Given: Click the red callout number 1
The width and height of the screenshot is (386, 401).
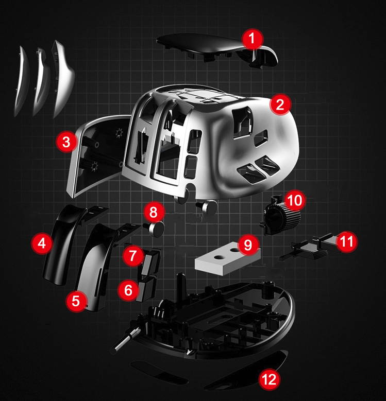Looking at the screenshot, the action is click(253, 39).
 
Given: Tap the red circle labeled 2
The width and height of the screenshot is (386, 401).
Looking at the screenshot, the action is click(280, 104).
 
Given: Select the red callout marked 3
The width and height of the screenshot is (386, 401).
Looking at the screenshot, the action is click(66, 142).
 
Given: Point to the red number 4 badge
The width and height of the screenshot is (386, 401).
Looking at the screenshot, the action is click(42, 243).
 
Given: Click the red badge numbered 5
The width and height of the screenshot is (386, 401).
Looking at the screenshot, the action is click(76, 301).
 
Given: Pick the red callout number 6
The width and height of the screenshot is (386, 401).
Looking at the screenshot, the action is click(128, 290).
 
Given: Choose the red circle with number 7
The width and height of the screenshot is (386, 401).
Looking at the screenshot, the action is click(133, 256).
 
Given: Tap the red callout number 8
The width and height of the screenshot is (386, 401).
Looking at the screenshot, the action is click(154, 212).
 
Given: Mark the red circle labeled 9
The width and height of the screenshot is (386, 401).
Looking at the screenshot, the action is click(248, 245).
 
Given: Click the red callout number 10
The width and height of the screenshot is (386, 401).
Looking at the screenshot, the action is click(295, 200).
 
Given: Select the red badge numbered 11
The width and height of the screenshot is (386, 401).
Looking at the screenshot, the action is click(347, 241).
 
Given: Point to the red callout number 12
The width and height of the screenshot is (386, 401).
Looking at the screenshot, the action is click(270, 379).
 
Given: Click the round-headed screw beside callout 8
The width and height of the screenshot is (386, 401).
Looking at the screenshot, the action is click(155, 229).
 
